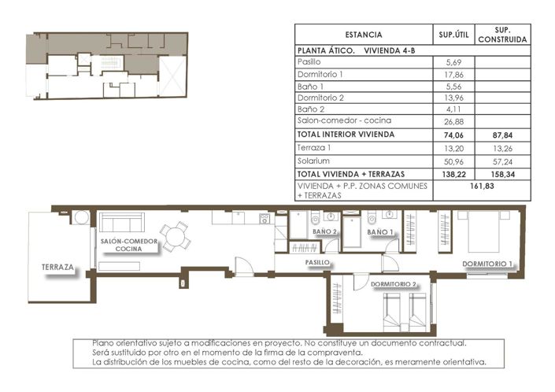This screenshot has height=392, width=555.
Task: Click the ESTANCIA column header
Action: [364, 35]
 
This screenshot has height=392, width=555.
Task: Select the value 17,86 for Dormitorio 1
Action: [453, 73]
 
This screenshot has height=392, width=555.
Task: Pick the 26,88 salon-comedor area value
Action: [453, 121]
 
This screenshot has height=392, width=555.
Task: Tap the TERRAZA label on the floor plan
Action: [58, 268]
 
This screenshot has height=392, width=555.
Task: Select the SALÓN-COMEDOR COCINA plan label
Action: [129, 245]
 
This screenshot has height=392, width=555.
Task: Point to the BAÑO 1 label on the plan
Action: [379, 231]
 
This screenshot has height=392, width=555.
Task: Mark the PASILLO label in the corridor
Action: [318, 262]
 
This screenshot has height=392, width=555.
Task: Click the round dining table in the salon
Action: [182, 235]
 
